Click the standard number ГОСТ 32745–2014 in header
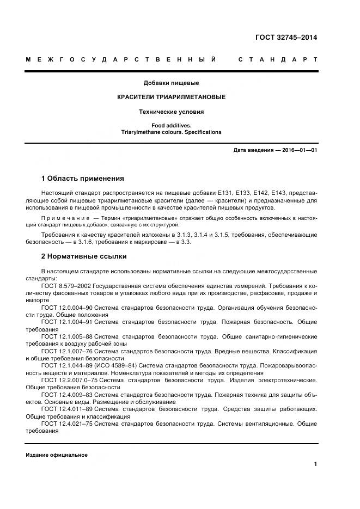tap(285, 38)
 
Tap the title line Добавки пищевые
tap(171, 83)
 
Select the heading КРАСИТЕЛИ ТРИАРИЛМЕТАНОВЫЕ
tap(171, 97)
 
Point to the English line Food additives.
tap(171, 125)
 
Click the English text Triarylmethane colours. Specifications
tap(171, 132)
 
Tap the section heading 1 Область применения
tap(83, 178)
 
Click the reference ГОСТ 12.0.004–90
tap(68, 308)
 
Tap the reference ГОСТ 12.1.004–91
tap(68, 322)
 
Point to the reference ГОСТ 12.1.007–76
tap(68, 351)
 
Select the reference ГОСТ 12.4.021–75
tap(68, 424)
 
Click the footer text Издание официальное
tap(56, 455)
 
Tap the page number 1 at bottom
tap(315, 464)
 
